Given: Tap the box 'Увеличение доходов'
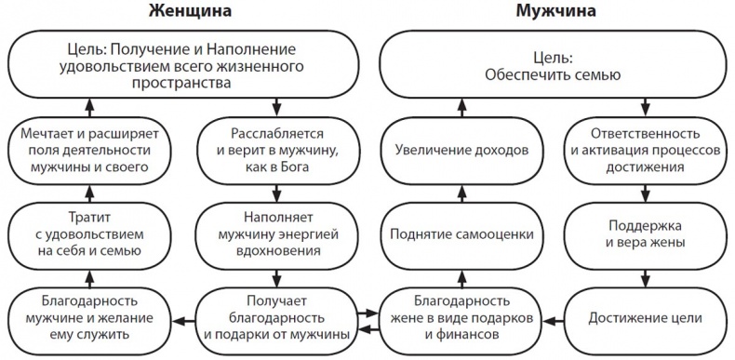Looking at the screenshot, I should [x=461, y=149].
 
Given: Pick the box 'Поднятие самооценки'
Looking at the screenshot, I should [x=461, y=233].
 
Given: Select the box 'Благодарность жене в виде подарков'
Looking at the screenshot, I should [x=461, y=318].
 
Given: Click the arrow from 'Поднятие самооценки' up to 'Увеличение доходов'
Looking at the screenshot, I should [x=461, y=191].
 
